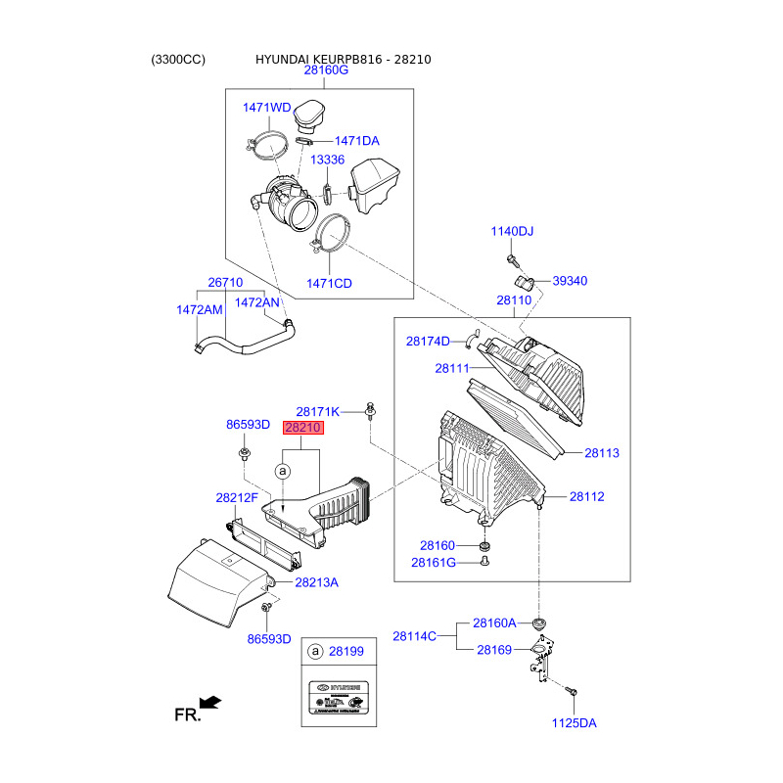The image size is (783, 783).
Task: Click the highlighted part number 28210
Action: tap(302, 428)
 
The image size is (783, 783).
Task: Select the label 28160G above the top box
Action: tap(326, 70)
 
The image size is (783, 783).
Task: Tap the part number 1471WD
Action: tap(267, 108)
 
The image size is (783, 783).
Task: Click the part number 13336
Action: tap(327, 159)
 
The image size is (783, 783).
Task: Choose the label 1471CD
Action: tap(329, 284)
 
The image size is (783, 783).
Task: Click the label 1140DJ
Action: tap(512, 231)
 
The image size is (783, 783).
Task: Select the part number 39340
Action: tap(570, 281)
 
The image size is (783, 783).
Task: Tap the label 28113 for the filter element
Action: tap(602, 454)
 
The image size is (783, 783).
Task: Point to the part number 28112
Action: tap(587, 497)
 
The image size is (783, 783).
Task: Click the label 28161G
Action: tap(434, 563)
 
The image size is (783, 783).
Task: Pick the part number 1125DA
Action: tap(574, 723)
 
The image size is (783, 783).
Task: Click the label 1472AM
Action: tap(200, 309)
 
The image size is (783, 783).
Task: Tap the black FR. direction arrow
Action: tap(209, 702)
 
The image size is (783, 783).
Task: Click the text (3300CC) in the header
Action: tap(178, 59)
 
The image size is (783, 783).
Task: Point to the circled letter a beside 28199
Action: tap(315, 651)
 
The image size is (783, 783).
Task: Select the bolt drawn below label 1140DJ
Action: tap(512, 258)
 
